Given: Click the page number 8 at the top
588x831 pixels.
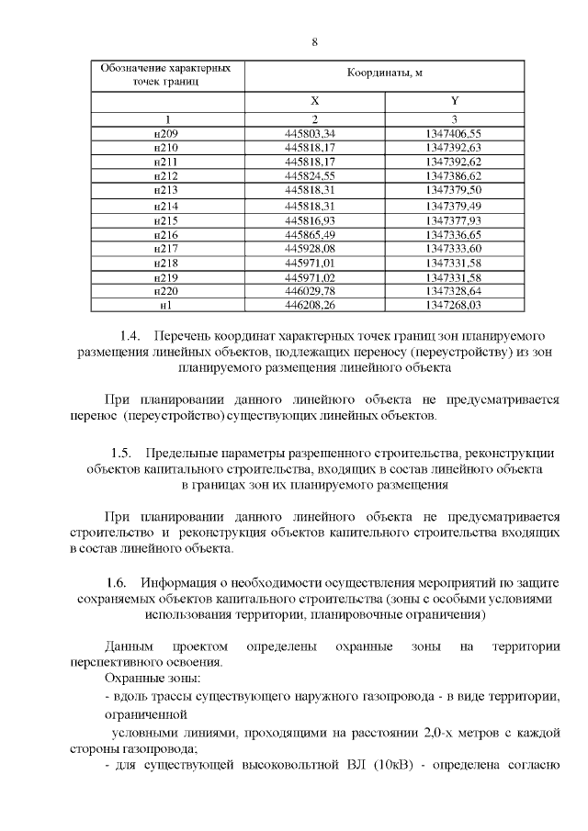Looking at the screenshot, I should click(314, 42).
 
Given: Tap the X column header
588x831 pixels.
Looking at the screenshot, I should click(314, 101).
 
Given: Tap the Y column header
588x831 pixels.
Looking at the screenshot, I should click(454, 101).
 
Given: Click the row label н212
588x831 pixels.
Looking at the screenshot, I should click(166, 175).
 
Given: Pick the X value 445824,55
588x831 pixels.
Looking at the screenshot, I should click(314, 175).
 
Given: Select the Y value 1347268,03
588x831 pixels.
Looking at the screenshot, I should click(454, 305).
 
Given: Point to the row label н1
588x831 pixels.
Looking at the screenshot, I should click(166, 305).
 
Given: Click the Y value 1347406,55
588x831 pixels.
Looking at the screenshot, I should click(454, 134).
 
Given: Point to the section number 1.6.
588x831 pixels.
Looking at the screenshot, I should click(117, 582).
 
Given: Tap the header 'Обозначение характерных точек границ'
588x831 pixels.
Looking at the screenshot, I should click(166, 73).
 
